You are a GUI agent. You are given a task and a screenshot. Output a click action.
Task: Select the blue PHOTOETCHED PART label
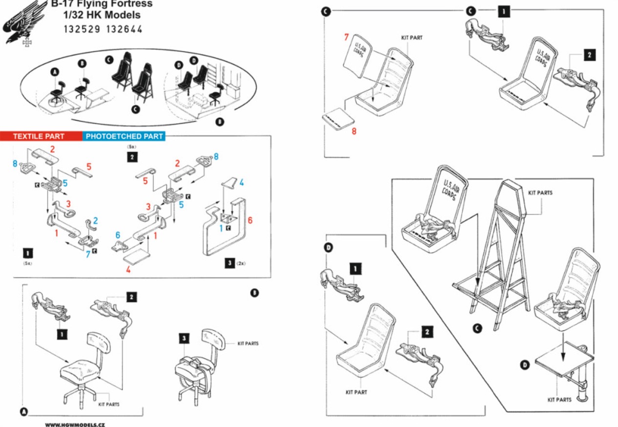(124, 136)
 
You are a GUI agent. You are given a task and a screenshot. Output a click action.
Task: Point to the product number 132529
(81, 29)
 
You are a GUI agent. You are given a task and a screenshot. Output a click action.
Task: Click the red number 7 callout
(347, 38)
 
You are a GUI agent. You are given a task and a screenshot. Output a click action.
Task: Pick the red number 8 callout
(354, 131)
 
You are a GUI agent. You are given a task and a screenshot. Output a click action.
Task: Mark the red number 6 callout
(250, 220)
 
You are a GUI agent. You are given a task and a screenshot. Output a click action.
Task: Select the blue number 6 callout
(118, 235)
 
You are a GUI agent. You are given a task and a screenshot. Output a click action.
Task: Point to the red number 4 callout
(128, 269)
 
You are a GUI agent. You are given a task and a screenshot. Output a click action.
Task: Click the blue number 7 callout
(88, 255)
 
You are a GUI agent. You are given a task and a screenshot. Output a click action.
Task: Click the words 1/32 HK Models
(102, 15)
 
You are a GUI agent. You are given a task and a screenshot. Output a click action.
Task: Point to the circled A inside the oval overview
(55, 72)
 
